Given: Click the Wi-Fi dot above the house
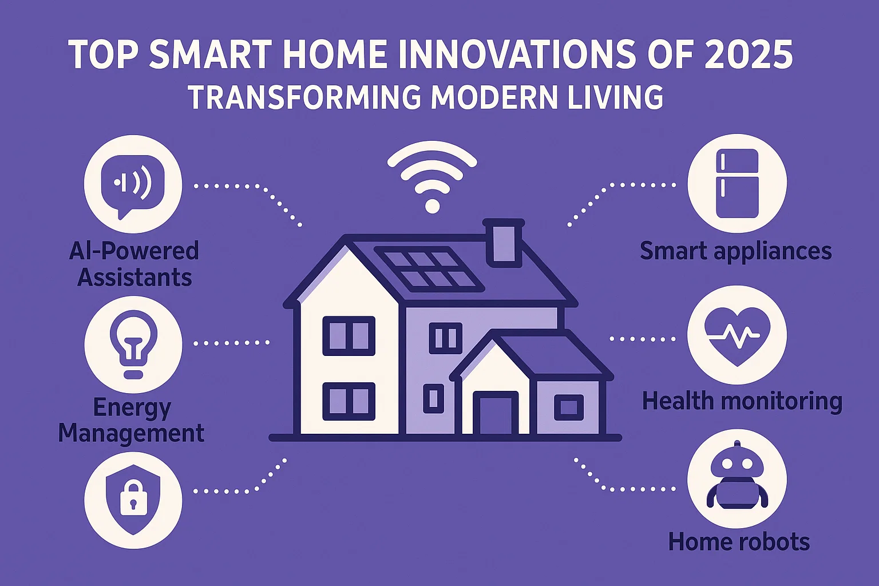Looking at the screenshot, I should [432, 205].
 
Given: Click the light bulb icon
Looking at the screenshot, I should [133, 343].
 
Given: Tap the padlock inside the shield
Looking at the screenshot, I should [133, 497].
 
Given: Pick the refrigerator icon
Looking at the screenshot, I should [738, 183].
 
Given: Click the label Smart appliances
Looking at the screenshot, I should [735, 251].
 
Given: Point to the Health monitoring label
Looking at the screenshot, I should [742, 401].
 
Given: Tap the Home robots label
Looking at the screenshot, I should [739, 541].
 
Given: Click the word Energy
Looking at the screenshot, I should [132, 408].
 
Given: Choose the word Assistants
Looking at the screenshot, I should [134, 278].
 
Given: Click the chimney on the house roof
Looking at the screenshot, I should [504, 243].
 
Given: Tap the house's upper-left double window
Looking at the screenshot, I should [349, 336].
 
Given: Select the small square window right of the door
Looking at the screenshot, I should [568, 408].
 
